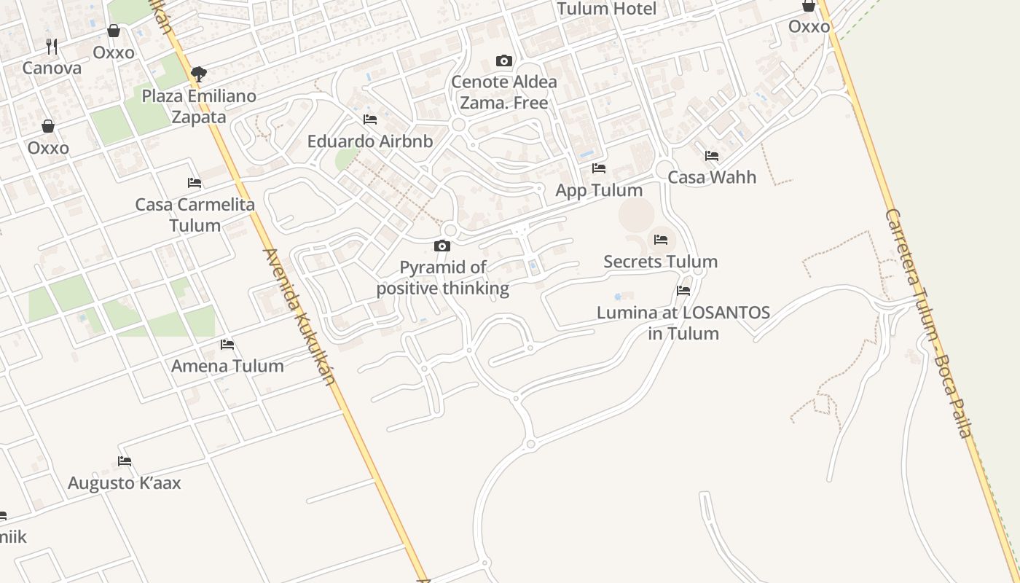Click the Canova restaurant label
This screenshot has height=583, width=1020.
[52, 68]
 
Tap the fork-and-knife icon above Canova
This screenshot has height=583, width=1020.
[52, 47]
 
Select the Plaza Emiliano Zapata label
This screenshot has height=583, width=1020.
[199, 106]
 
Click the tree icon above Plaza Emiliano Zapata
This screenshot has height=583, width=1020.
[198, 74]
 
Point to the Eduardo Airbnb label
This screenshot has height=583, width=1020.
[370, 141]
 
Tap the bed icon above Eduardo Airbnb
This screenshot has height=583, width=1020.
[370, 120]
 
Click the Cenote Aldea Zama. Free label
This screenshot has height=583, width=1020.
[503, 92]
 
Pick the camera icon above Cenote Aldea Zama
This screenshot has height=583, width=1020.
[503, 60]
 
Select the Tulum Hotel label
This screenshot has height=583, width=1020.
[606, 9]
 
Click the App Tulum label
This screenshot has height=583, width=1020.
[599, 190]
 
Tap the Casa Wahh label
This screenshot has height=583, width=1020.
[712, 177]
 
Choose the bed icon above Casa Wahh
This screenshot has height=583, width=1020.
[712, 156]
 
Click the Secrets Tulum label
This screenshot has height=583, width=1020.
[660, 262]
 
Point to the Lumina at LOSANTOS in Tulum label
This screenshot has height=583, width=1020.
[683, 323]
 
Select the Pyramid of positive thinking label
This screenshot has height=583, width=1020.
[442, 278]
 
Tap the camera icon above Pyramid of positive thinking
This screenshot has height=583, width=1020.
[442, 246]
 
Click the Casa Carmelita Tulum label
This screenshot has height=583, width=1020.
[195, 215]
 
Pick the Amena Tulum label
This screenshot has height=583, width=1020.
[227, 366]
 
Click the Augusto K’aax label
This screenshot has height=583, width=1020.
[125, 483]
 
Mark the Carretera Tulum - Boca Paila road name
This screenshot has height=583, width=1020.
[929, 324]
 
